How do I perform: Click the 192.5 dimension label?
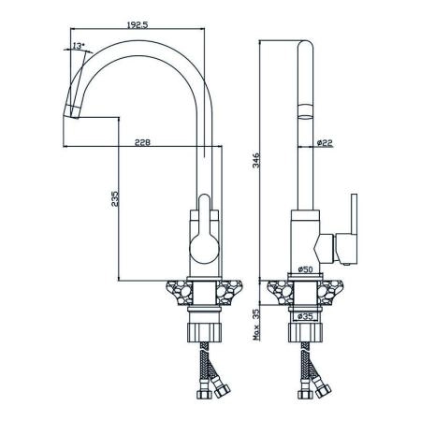138,24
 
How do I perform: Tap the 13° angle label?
79,46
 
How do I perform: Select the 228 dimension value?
142,142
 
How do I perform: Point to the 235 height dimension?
115,198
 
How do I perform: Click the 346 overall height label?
256,160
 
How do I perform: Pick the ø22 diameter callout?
325,143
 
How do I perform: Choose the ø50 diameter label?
305,269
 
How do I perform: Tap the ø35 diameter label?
305,316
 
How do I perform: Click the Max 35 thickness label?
256,325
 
